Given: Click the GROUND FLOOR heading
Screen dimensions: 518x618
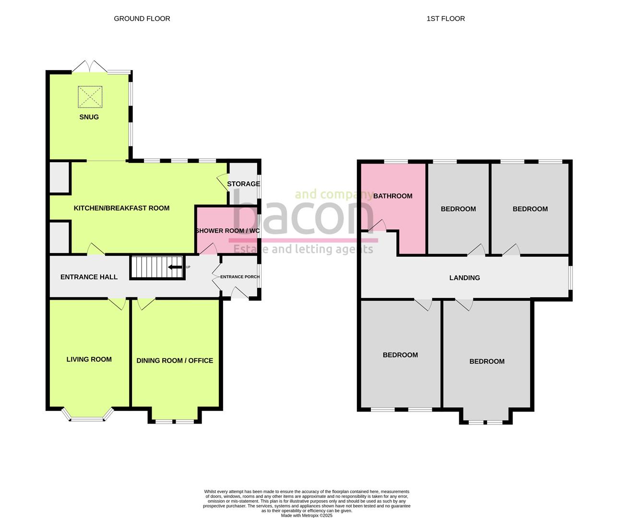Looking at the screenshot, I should click(142, 19).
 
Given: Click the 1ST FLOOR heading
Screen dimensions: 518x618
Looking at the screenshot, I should click(445, 19).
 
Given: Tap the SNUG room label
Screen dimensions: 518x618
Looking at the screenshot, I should click(89, 117).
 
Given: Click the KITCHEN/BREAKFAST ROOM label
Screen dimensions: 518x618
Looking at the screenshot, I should click(121, 208).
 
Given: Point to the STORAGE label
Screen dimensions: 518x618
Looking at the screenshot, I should click(243, 184).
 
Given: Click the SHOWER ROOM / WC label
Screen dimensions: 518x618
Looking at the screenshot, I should click(227, 231).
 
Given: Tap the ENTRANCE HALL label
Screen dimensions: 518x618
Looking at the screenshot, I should click(89, 277).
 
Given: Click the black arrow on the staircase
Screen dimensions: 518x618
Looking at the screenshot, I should click(175, 267).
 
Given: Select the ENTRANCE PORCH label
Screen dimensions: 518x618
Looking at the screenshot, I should click(240, 277).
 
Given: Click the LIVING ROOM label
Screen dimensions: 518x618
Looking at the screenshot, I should click(89, 359).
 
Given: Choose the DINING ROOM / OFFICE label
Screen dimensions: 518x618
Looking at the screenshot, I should click(175, 361).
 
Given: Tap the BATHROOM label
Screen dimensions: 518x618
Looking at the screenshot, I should click(392, 196).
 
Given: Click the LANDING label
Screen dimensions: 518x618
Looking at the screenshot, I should click(464, 278).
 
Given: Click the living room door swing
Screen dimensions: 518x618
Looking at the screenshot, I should click(117, 304).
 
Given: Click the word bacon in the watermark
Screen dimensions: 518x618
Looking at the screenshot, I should click(302, 216).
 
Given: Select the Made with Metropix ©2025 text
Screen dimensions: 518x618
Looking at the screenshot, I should click(306, 516).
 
